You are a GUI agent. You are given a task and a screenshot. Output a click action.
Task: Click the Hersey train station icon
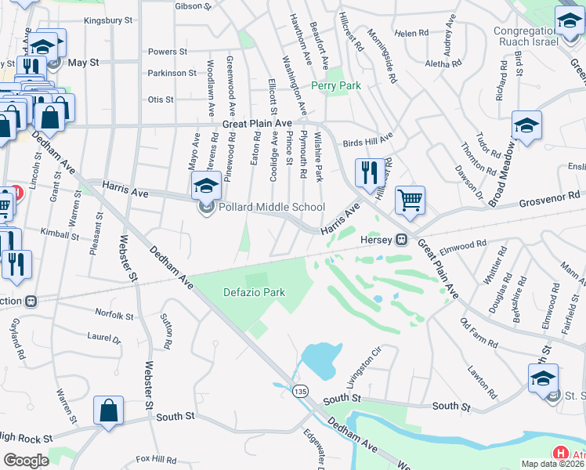point(401,239)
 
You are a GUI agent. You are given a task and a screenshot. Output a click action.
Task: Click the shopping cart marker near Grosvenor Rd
point(410,201)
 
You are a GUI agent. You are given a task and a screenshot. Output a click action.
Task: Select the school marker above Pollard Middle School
point(205,186)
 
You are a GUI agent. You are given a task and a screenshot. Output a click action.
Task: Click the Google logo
point(25,460)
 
